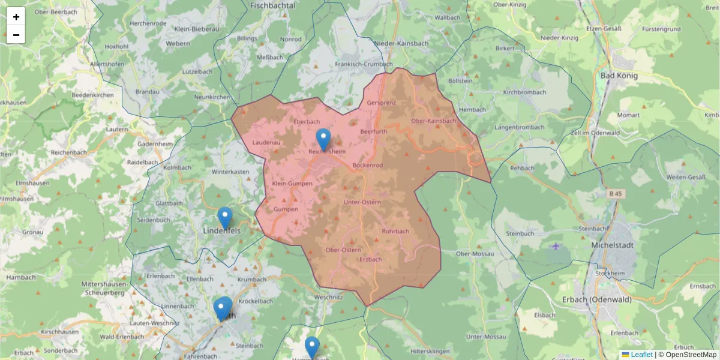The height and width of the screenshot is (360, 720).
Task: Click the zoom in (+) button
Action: (16, 17)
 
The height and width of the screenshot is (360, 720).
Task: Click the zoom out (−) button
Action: (16, 35)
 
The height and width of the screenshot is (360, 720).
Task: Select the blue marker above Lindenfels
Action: (225, 218)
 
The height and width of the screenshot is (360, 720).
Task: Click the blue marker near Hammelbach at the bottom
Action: (312, 347)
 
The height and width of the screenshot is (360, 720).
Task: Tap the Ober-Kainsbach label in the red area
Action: (433, 121)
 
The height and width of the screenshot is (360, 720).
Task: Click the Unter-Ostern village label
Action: (362, 202)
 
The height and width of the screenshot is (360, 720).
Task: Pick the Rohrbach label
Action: (395, 231)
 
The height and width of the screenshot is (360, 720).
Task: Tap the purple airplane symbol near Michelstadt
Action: (556, 246)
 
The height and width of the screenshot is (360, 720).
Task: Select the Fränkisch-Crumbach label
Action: (364, 64)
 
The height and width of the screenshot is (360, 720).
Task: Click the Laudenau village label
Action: (266, 143)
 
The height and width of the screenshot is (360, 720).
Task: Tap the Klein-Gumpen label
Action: (292, 184)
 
